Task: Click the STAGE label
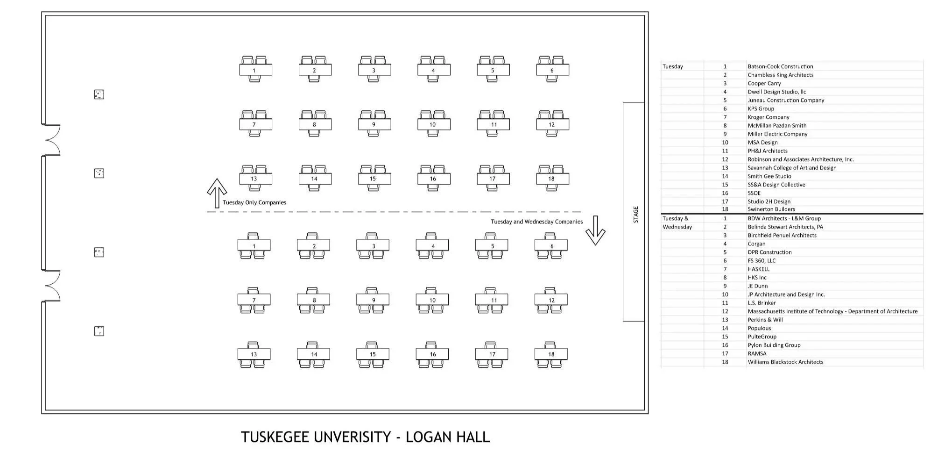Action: [635, 214]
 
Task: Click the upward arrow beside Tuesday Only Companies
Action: [217, 193]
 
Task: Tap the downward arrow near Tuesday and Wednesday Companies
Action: [595, 230]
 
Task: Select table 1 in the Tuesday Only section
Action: [255, 70]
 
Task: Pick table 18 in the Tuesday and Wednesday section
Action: [551, 354]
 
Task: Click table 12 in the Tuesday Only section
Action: [552, 124]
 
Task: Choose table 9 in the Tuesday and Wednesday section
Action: [373, 300]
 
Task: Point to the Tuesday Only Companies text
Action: [254, 202]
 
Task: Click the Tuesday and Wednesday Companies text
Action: [536, 222]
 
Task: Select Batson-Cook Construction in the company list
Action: [780, 66]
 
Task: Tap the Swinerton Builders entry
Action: [771, 209]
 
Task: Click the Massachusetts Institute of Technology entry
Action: [832, 311]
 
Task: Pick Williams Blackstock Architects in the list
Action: [785, 362]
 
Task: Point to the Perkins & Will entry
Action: [765, 320]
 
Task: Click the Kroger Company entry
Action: [768, 117]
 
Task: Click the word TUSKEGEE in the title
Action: [275, 437]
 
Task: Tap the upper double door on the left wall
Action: [52, 140]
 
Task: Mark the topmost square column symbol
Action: [99, 94]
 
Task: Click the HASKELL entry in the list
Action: [758, 269]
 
